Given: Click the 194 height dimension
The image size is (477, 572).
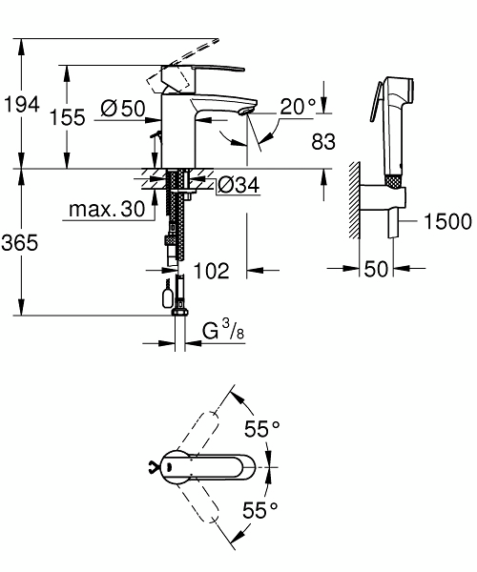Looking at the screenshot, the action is pyautogui.click(x=22, y=105).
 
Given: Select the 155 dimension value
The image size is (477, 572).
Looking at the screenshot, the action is pyautogui.click(x=68, y=117).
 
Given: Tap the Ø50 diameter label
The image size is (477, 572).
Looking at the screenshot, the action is pyautogui.click(x=123, y=109).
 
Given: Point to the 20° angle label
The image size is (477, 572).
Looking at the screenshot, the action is pyautogui.click(x=299, y=107).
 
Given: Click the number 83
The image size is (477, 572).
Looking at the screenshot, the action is pyautogui.click(x=323, y=141).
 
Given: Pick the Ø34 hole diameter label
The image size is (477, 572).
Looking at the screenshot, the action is pyautogui.click(x=239, y=185).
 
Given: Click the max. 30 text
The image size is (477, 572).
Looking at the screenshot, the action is pyautogui.click(x=107, y=209).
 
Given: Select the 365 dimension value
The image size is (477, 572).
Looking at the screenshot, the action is pyautogui.click(x=20, y=242).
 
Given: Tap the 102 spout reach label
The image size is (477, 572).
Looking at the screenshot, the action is pyautogui.click(x=211, y=271).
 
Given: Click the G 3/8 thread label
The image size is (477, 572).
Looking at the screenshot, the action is pyautogui.click(x=223, y=330).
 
